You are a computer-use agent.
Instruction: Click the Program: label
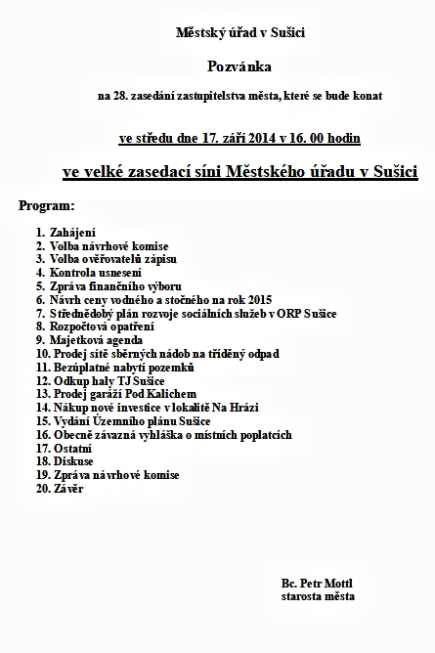pyautogui.click(x=46, y=206)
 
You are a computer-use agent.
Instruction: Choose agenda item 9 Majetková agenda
pyautogui.click(x=88, y=339)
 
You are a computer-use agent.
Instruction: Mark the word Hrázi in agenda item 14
pyautogui.click(x=246, y=407)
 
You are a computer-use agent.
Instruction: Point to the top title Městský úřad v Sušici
pyautogui.click(x=239, y=33)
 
